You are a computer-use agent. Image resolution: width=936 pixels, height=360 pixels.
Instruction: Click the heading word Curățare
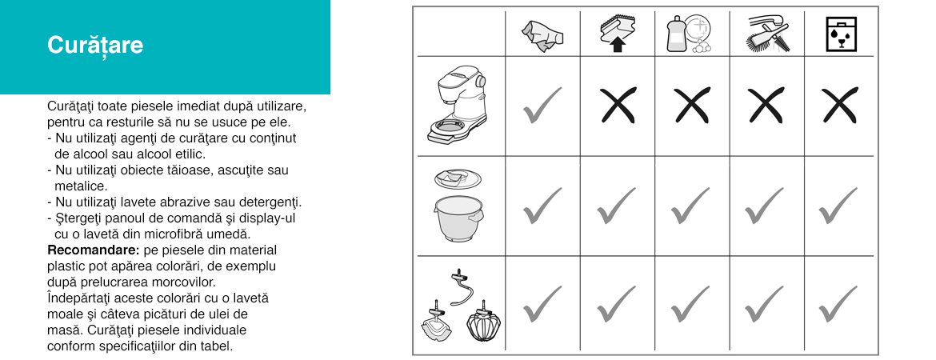tap(95, 45)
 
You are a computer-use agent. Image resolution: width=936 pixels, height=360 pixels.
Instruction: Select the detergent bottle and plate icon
tap(690, 34)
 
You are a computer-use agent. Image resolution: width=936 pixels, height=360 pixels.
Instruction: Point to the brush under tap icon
tap(766, 34)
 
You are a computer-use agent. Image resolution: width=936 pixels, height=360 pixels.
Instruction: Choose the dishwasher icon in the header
tap(841, 34)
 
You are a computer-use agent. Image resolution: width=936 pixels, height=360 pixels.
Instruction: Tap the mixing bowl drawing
tap(458, 218)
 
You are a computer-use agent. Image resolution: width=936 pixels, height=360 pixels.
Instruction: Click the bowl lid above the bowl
tap(458, 178)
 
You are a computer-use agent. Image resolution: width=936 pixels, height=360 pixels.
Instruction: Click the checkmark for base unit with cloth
tap(542, 106)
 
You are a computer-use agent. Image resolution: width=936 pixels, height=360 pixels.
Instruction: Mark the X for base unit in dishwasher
tap(840, 106)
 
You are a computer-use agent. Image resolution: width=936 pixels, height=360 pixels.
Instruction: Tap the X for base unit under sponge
tap(618, 106)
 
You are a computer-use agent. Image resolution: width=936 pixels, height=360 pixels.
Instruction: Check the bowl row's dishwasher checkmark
tap(838, 206)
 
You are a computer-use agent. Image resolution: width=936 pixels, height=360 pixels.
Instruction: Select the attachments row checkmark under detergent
tap(690, 304)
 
